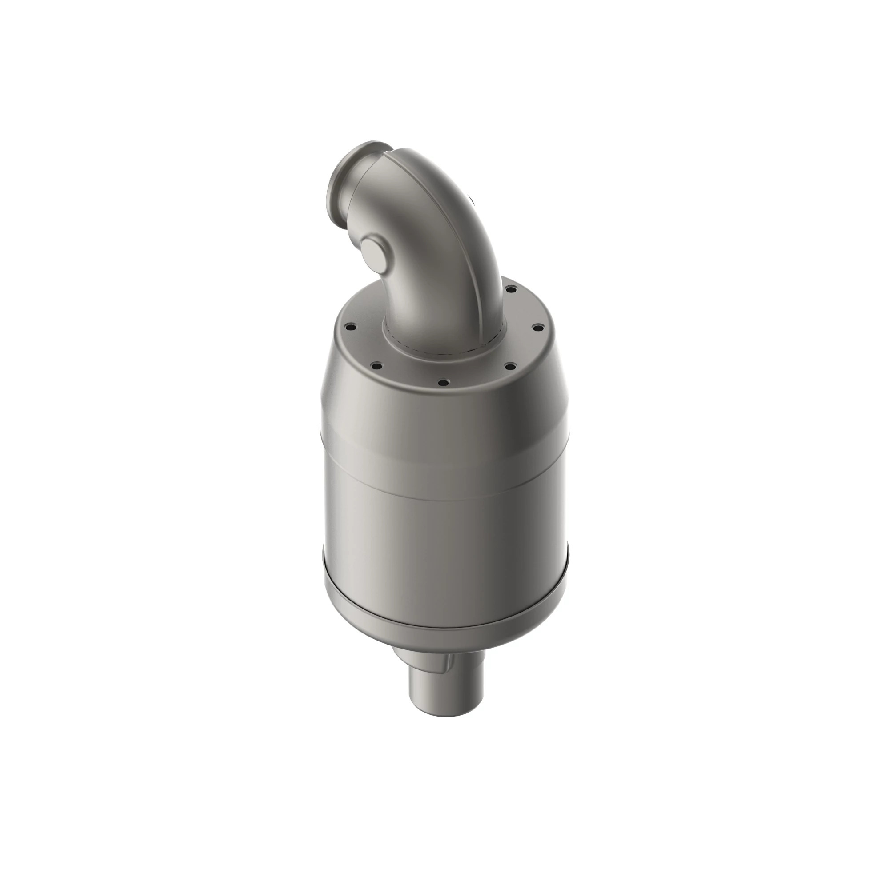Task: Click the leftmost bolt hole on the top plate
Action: (351, 328)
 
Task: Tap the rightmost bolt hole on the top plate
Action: (537, 328)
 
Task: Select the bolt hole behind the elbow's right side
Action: (510, 289)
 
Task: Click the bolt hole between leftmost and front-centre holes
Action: (376, 366)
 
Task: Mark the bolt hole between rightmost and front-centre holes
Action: (509, 366)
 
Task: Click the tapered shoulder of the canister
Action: (442, 414)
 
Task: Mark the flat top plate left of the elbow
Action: (364, 340)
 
